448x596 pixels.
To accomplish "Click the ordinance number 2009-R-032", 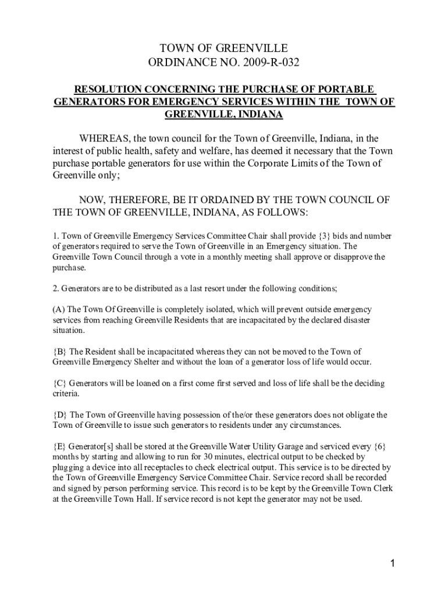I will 262,63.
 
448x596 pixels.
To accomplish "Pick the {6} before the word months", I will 380,446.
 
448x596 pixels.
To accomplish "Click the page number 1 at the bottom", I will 393,563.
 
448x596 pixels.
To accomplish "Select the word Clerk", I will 381,488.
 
